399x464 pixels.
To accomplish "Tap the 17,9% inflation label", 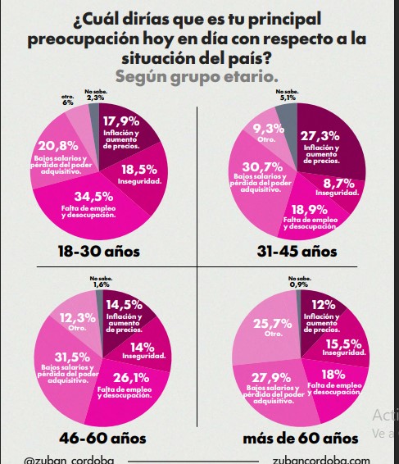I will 120,122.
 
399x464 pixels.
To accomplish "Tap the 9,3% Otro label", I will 269,129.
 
